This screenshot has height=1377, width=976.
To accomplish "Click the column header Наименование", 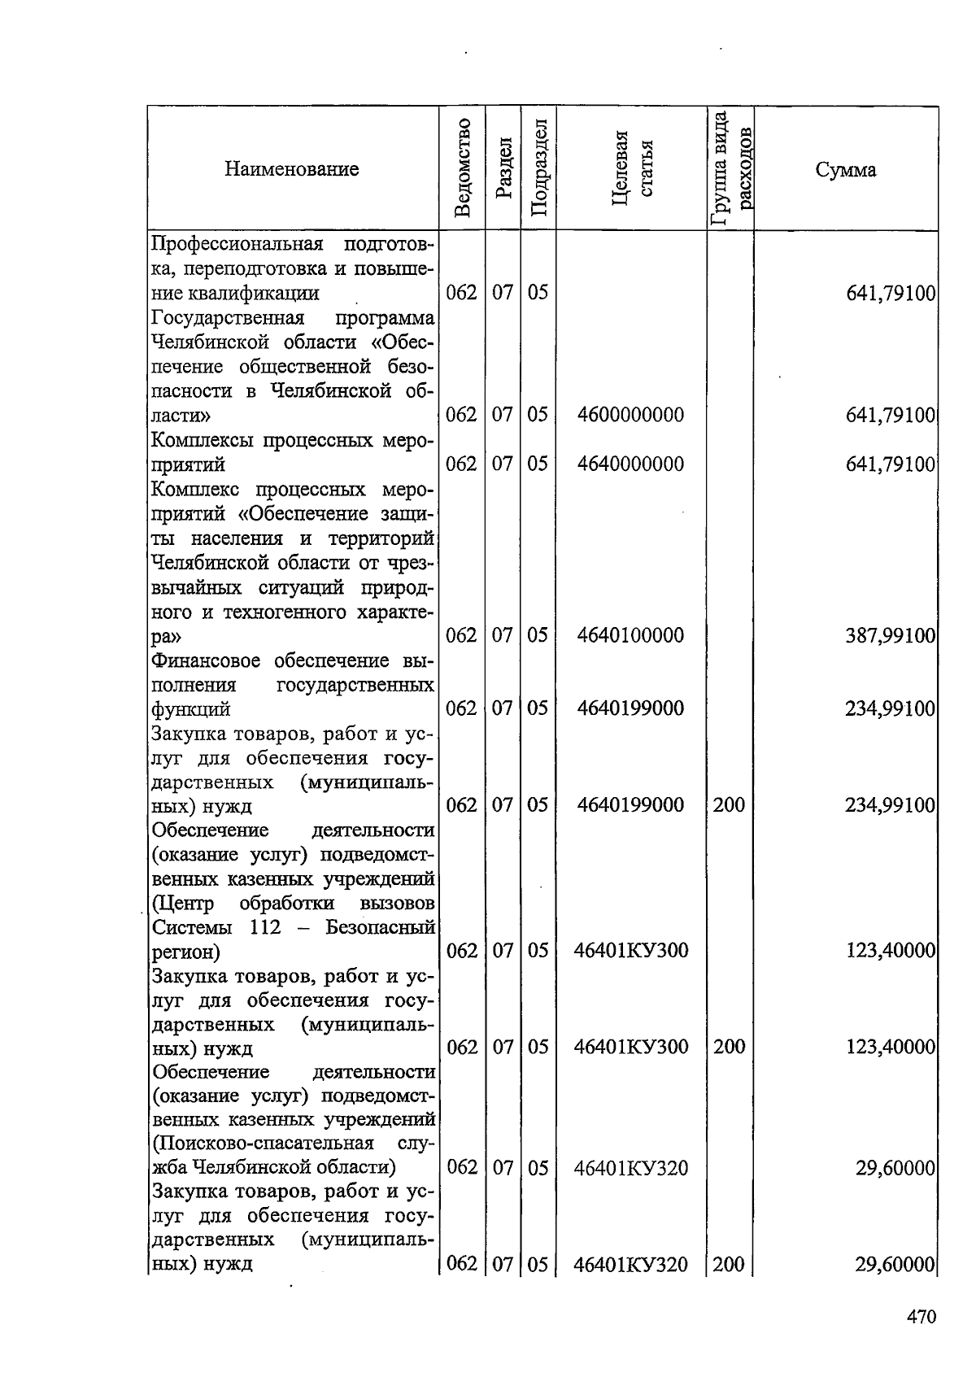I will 291,169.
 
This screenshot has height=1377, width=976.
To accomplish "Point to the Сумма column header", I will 846,170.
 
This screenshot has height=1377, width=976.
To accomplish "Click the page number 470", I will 922,1316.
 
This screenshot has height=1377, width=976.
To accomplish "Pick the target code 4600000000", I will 630,415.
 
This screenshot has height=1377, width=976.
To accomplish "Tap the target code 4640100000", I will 630,635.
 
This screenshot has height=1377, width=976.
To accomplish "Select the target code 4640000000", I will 630,464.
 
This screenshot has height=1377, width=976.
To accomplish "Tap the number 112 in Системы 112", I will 265,927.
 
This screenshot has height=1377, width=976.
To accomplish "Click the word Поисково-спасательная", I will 263,1144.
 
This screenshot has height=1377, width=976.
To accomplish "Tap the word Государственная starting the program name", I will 228,317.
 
